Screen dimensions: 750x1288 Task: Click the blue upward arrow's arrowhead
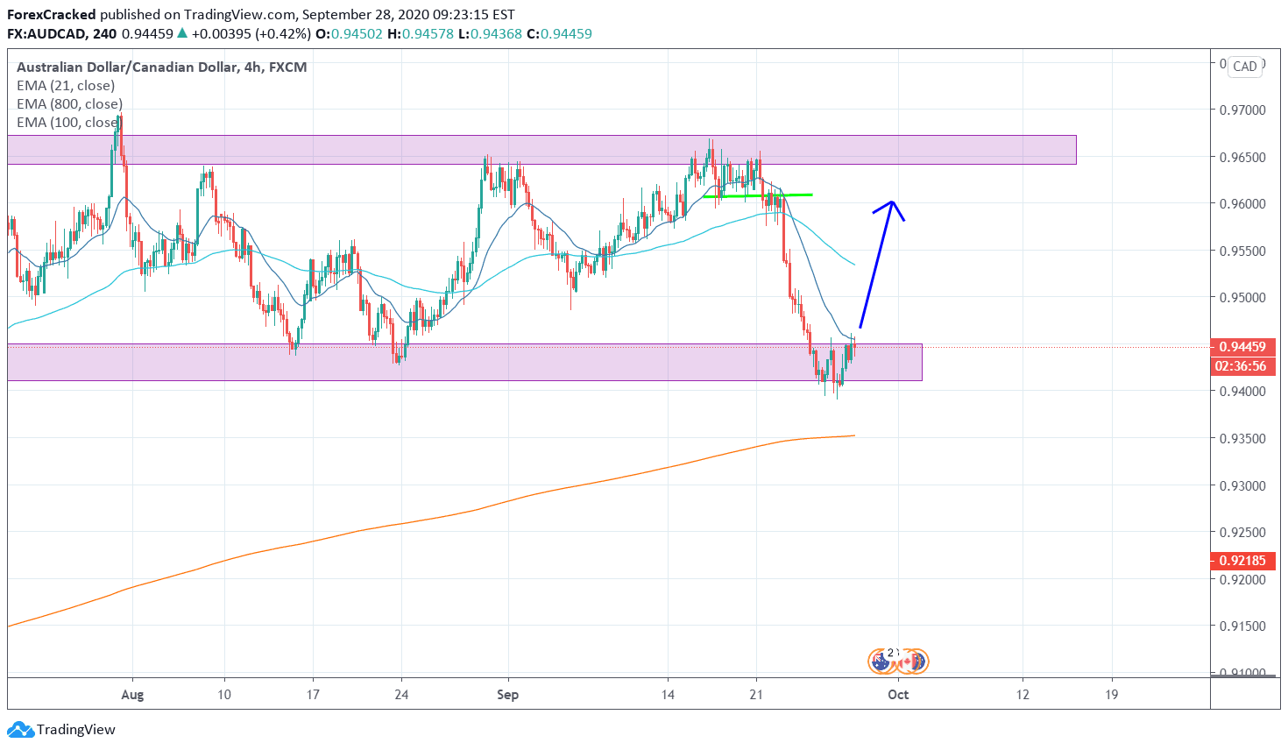[892, 203]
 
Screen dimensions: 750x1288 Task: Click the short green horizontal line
[758, 195]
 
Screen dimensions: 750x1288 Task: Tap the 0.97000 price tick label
[1242, 110]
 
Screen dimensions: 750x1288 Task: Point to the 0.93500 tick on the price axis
[1242, 438]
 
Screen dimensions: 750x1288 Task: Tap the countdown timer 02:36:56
[1241, 366]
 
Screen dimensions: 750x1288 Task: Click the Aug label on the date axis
[132, 695]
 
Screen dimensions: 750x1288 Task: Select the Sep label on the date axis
[507, 695]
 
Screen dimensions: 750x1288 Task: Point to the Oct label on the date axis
[898, 695]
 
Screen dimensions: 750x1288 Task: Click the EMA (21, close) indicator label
[66, 86]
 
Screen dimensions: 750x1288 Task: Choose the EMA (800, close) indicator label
[69, 104]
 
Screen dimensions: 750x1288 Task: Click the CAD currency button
[1244, 67]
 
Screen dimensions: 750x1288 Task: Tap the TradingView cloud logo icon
[20, 729]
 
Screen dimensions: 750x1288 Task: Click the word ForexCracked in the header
[52, 15]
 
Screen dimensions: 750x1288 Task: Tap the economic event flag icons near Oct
[898, 661]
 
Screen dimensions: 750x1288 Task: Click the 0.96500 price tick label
[1242, 158]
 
